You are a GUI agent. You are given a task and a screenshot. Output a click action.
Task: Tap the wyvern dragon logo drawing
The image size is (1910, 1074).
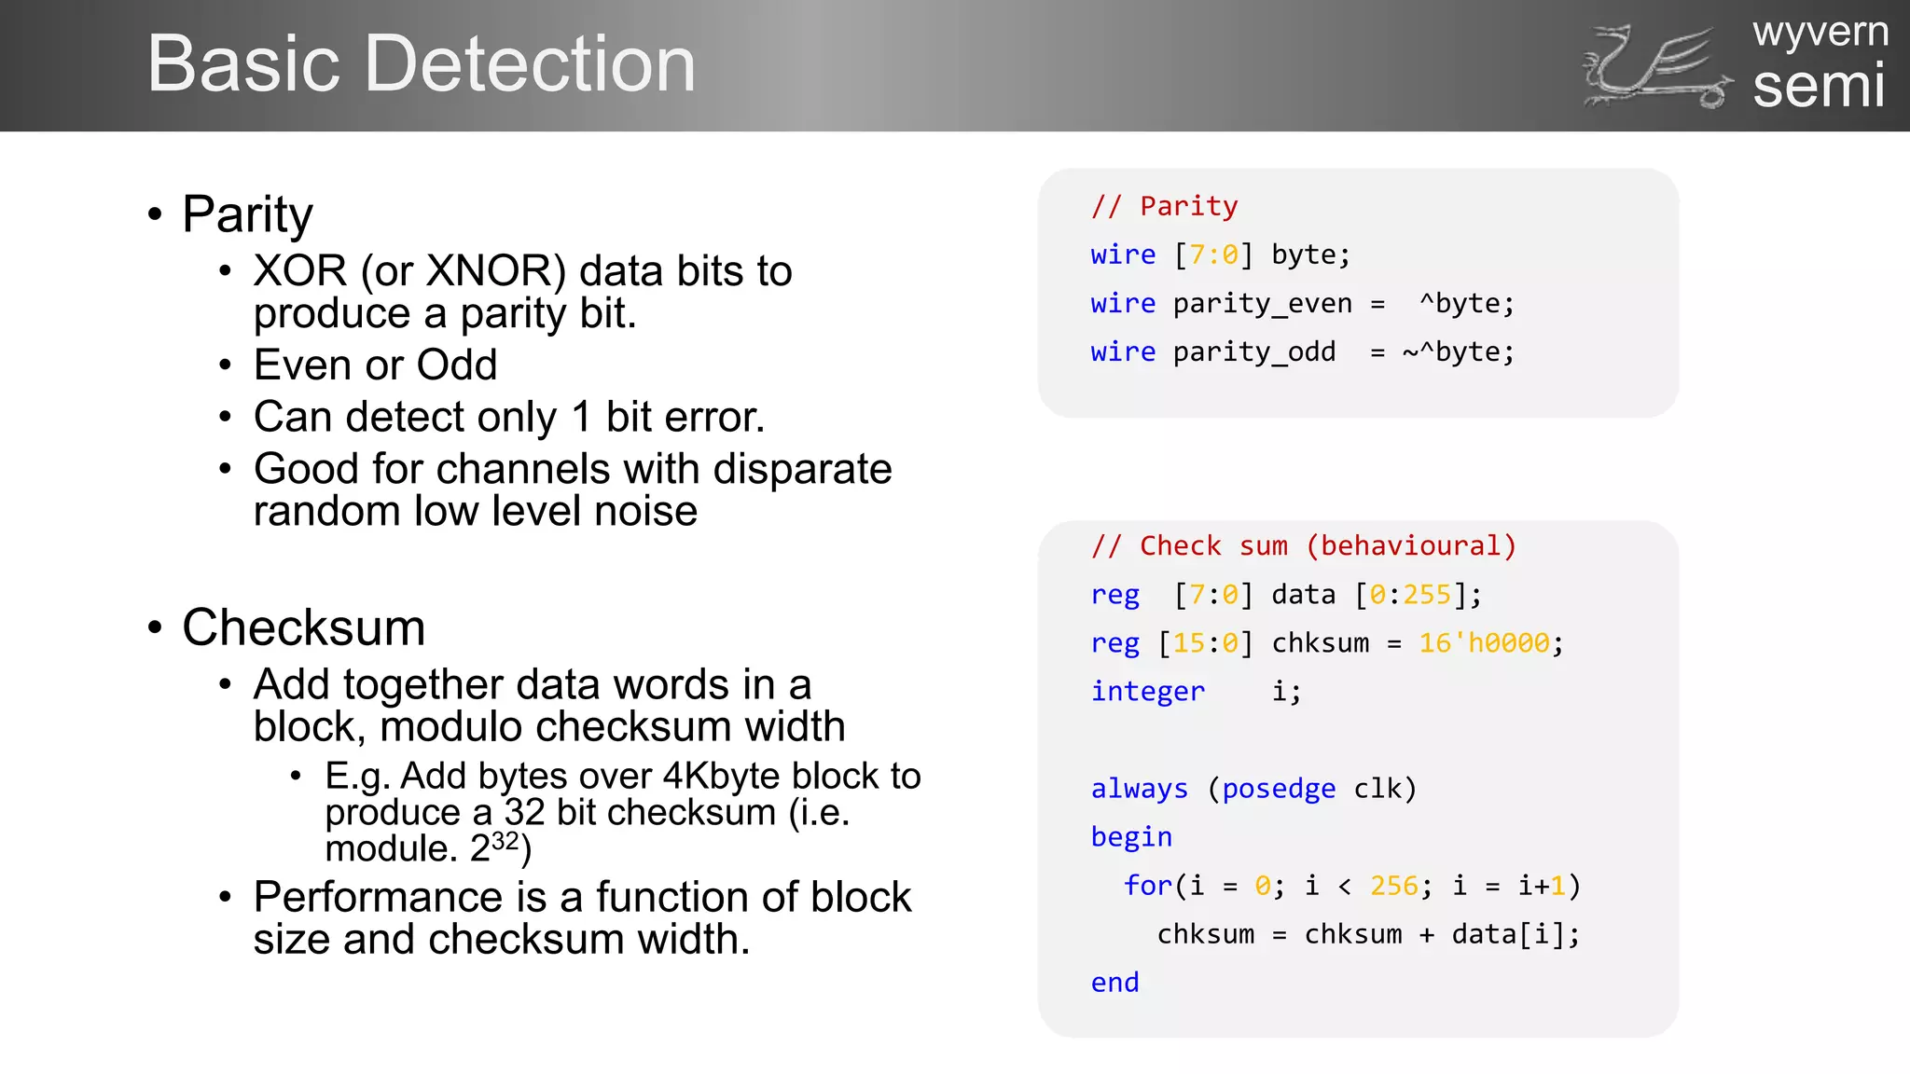pyautogui.click(x=1656, y=67)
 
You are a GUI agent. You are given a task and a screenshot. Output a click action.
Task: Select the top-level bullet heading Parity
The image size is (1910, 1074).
pyautogui.click(x=247, y=214)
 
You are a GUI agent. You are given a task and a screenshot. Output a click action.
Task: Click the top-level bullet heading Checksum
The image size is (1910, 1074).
pyautogui.click(x=303, y=627)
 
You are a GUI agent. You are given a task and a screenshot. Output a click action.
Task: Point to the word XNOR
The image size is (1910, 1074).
pyautogui.click(x=495, y=271)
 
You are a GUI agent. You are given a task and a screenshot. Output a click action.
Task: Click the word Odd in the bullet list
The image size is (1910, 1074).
pyautogui.click(x=457, y=365)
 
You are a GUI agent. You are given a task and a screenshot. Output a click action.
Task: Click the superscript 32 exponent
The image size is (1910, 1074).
pyautogui.click(x=505, y=841)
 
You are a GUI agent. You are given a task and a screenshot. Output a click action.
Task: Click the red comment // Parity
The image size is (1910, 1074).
pyautogui.click(x=1165, y=206)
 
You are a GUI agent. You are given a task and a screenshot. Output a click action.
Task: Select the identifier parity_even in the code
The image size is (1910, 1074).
pyautogui.click(x=1262, y=303)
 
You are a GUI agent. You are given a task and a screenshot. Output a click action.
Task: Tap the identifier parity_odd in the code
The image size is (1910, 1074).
pyautogui.click(x=1253, y=351)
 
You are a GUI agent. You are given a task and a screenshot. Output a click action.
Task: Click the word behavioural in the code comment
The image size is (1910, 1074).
pyautogui.click(x=1410, y=545)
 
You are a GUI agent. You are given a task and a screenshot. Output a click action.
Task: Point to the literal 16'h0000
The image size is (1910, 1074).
pyautogui.click(x=1484, y=642)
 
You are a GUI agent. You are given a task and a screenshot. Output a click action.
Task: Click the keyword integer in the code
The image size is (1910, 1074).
pyautogui.click(x=1148, y=691)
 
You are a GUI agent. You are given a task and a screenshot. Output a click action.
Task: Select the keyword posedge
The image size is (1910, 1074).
pyautogui.click(x=1279, y=789)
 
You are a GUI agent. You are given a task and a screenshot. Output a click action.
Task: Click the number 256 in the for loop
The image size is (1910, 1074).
pyautogui.click(x=1393, y=886)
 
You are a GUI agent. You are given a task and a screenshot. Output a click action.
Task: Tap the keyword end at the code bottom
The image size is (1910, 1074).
pyautogui.click(x=1115, y=983)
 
